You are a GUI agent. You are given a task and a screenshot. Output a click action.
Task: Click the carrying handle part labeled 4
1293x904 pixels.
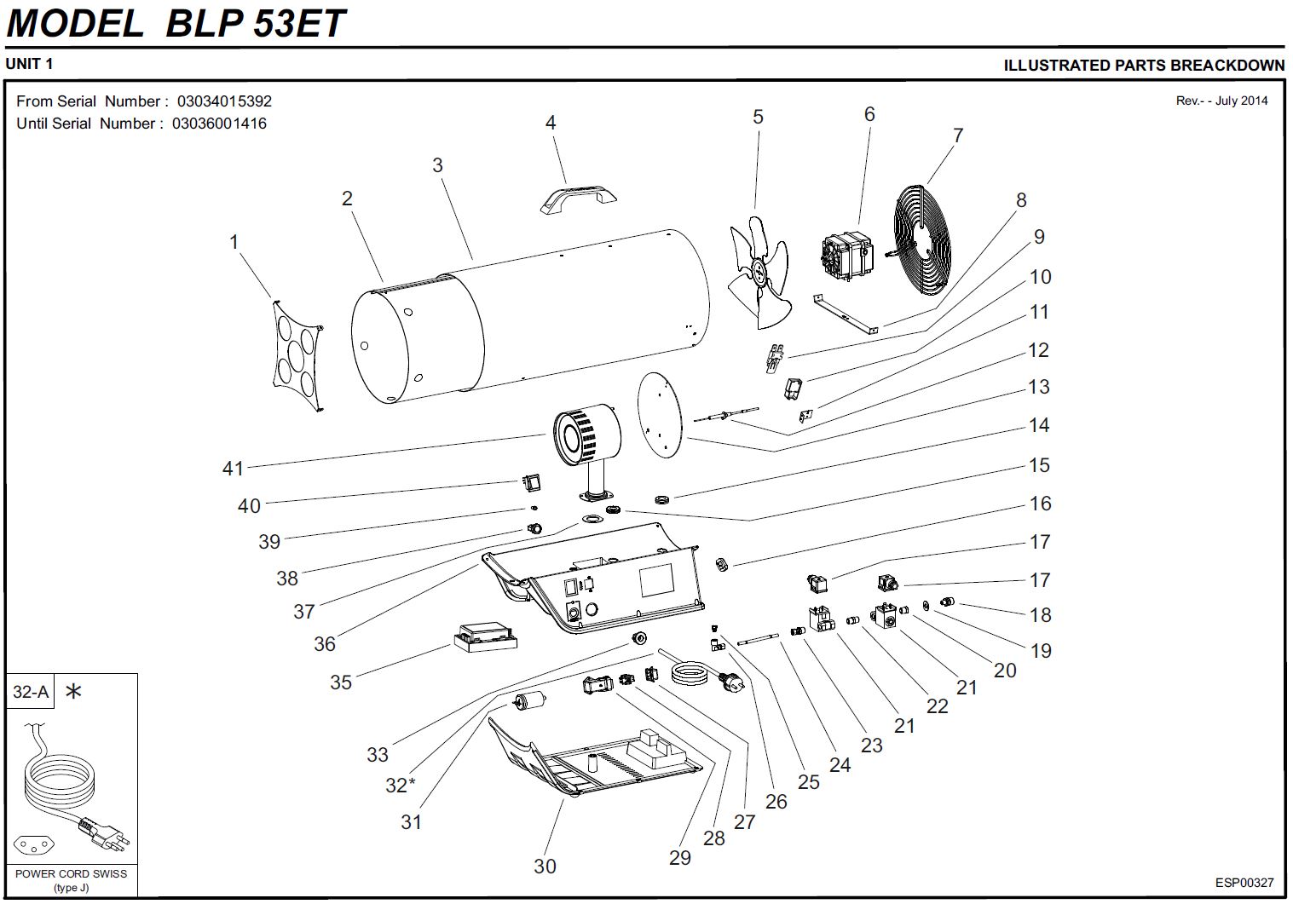click(578, 197)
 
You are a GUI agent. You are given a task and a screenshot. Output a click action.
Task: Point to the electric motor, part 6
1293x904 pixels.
click(845, 254)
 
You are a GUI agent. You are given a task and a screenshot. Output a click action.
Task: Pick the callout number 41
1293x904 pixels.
click(233, 468)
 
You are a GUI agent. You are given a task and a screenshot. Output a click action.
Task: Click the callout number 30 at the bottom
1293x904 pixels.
click(545, 866)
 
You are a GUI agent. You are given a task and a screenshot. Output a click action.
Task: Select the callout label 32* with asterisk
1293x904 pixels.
click(400, 784)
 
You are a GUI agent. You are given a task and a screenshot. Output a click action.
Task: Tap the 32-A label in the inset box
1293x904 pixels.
click(31, 692)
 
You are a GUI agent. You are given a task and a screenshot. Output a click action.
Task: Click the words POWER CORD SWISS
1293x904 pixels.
click(71, 873)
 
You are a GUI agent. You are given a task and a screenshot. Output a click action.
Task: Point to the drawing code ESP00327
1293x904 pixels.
click(1244, 883)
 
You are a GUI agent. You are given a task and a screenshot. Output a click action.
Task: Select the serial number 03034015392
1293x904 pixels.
click(224, 101)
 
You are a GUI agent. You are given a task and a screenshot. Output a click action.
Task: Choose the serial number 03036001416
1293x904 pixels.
click(219, 124)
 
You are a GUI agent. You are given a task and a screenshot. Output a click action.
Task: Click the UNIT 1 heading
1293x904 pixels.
click(30, 64)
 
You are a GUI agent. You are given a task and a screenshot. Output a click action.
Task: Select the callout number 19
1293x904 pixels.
click(1041, 651)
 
